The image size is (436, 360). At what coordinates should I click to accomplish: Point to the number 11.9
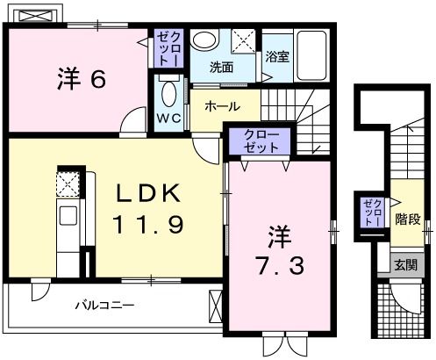147,226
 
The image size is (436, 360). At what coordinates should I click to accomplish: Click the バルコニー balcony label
104,306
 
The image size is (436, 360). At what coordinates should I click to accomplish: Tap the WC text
168,118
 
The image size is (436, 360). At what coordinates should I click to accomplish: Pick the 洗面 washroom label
221,67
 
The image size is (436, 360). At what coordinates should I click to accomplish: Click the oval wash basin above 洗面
205,41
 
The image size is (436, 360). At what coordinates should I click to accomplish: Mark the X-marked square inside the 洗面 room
246,40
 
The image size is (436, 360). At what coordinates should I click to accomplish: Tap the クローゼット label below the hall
261,142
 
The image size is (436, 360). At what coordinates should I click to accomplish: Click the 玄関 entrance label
404,264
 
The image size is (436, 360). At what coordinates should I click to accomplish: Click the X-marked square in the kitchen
68,183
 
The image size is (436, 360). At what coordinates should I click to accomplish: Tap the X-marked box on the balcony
215,307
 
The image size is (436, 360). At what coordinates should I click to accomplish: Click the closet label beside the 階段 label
372,212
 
